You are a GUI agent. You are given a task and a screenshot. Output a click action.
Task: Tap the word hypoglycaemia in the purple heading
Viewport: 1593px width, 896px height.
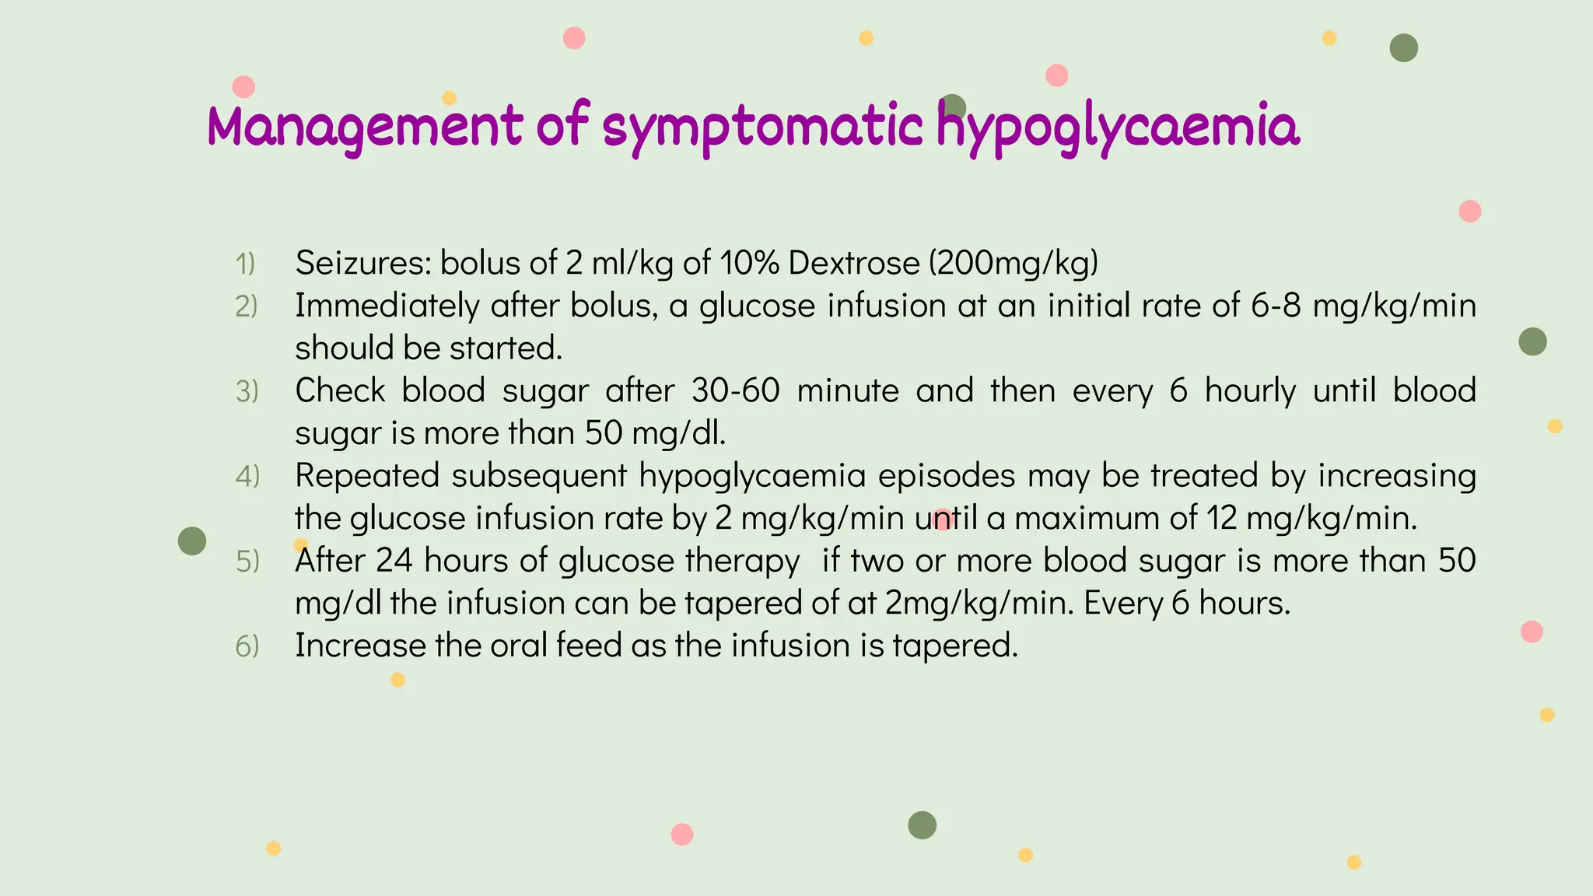pos(1117,127)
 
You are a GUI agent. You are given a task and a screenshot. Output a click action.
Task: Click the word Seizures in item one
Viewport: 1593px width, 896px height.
pos(362,263)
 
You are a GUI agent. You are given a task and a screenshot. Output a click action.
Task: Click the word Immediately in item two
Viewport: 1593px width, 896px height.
pos(387,306)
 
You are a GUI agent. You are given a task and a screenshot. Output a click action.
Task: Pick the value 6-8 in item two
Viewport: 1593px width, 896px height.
pos(1276,306)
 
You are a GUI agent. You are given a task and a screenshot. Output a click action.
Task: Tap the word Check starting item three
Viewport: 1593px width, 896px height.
pos(340,390)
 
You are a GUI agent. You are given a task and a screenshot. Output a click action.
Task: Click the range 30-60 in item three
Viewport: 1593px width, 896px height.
pos(735,390)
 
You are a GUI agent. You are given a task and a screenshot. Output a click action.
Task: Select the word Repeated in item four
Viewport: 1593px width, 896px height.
pos(367,475)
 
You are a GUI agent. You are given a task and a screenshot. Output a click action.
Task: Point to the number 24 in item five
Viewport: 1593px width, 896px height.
pos(394,561)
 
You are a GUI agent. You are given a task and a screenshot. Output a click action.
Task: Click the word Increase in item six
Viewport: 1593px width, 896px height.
pos(360,646)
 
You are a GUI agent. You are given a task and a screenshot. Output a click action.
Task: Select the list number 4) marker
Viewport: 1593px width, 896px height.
pos(247,476)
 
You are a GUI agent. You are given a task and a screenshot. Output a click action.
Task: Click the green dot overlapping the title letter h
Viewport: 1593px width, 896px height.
pos(953,108)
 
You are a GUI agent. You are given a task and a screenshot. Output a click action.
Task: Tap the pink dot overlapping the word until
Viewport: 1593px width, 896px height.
pos(944,520)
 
